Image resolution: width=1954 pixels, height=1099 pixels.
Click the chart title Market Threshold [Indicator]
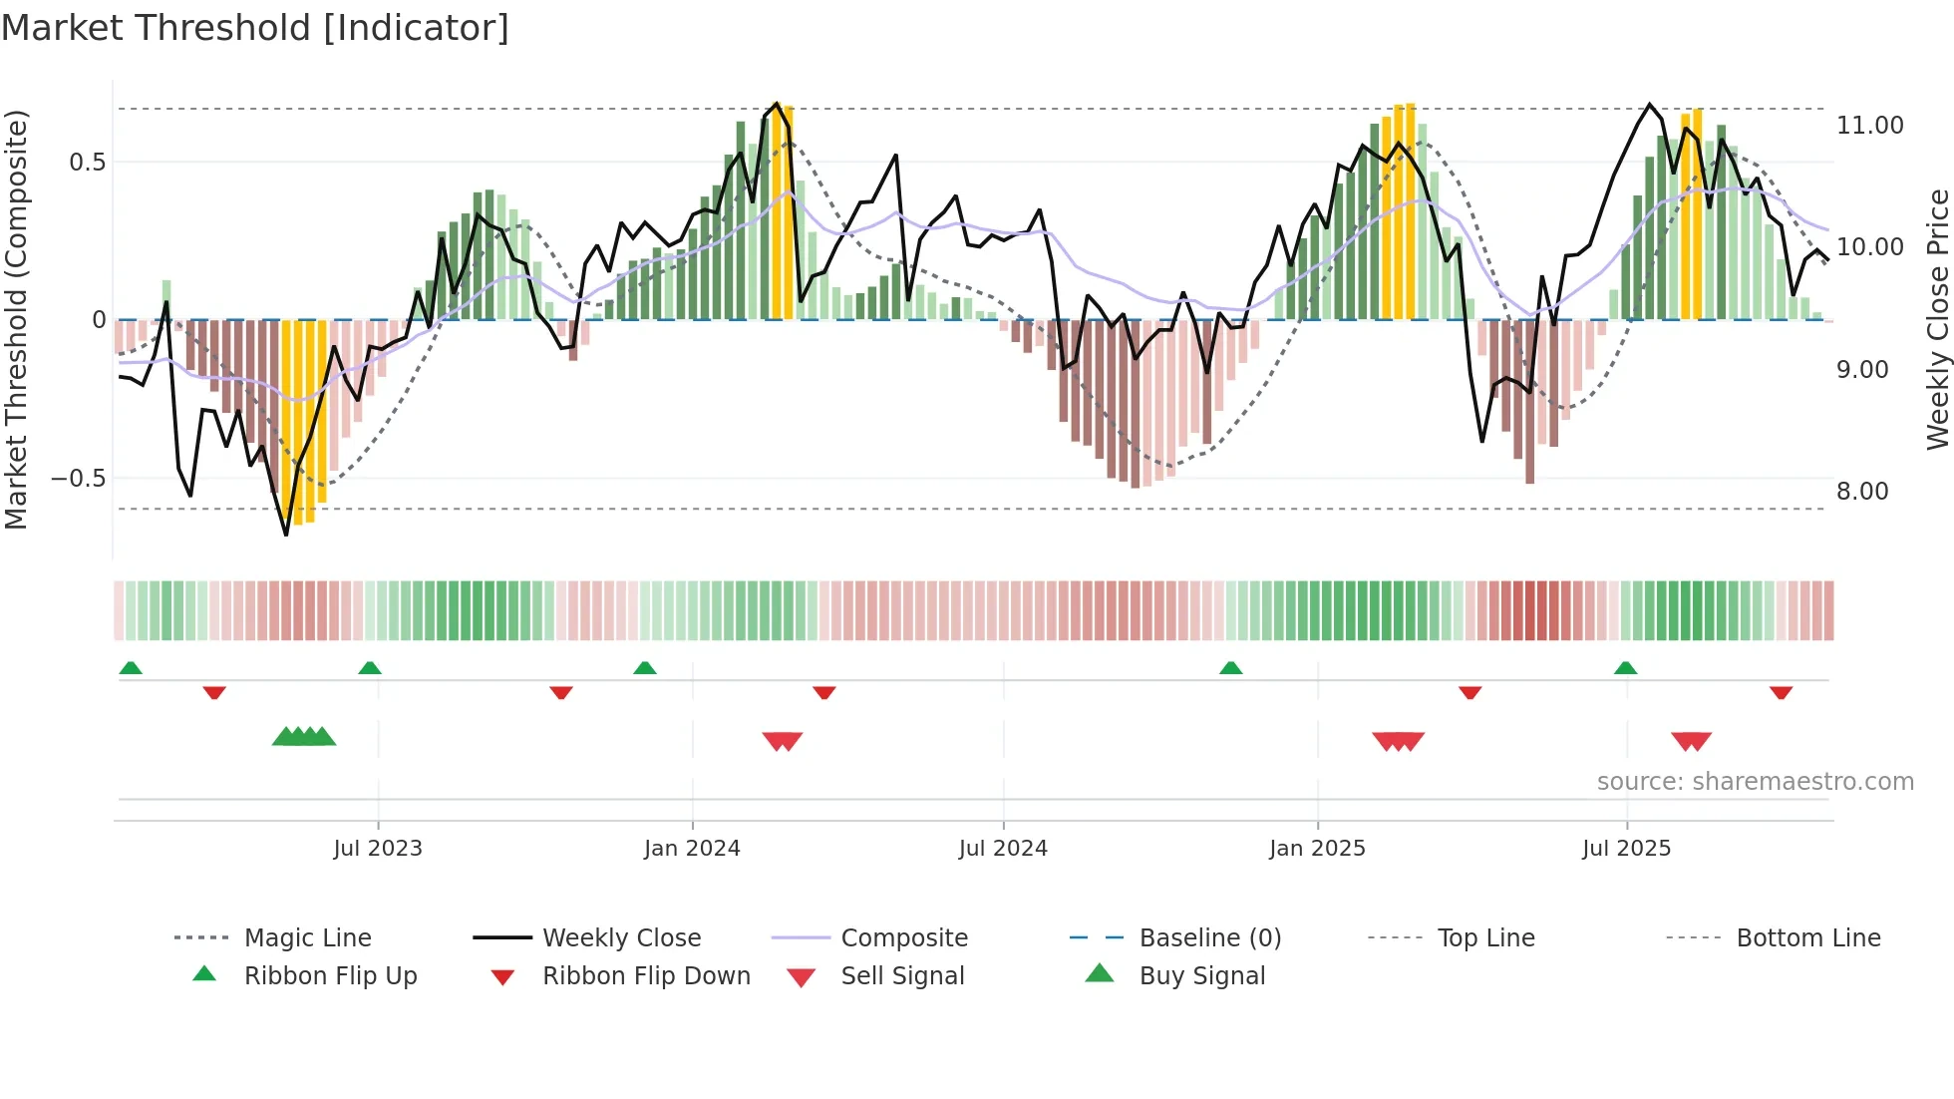(255, 28)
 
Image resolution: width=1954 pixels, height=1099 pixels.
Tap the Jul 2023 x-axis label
(378, 849)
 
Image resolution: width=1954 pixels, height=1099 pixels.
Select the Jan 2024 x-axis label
(692, 849)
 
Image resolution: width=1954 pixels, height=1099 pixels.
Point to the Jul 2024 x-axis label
(1003, 849)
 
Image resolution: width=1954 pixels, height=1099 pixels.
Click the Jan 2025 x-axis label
(1317, 849)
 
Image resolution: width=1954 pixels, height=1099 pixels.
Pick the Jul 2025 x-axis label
(1626, 849)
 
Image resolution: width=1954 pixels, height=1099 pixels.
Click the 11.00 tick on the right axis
(1869, 126)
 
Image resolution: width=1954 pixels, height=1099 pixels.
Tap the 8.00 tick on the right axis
(1862, 492)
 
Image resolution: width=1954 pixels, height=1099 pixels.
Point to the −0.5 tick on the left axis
(78, 479)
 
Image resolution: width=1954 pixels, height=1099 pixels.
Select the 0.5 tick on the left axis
(87, 163)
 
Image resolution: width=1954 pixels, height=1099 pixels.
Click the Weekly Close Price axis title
(1937, 319)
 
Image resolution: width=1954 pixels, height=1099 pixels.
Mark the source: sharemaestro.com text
(1755, 782)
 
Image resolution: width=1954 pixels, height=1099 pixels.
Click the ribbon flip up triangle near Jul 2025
(1626, 668)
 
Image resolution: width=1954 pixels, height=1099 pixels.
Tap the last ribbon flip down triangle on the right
(1781, 692)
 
